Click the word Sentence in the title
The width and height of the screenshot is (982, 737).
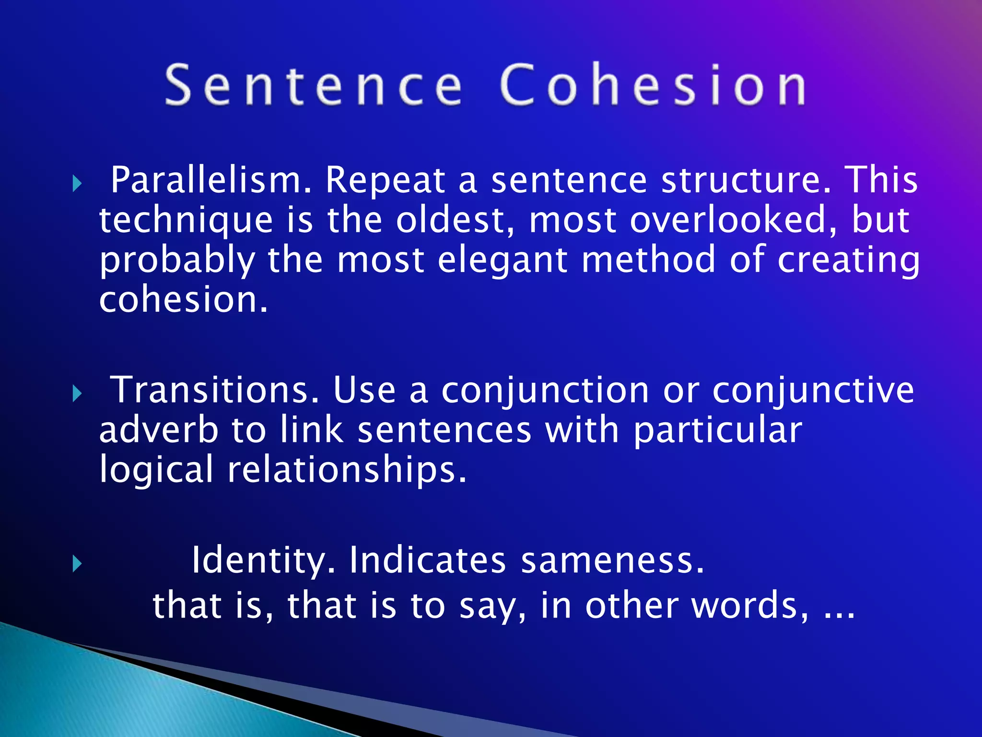[x=314, y=85]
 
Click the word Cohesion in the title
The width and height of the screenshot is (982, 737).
[x=653, y=85]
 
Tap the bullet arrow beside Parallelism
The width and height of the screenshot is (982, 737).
[x=77, y=183]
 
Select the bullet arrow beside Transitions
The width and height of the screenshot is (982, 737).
[x=77, y=394]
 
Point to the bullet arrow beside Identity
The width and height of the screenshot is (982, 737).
[x=77, y=564]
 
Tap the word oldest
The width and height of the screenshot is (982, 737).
[x=455, y=220]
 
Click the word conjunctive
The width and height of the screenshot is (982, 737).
[x=813, y=390]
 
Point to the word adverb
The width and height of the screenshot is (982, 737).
[x=159, y=430]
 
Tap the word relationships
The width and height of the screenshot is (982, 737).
[x=346, y=470]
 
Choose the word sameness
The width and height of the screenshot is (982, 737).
[x=612, y=560]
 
